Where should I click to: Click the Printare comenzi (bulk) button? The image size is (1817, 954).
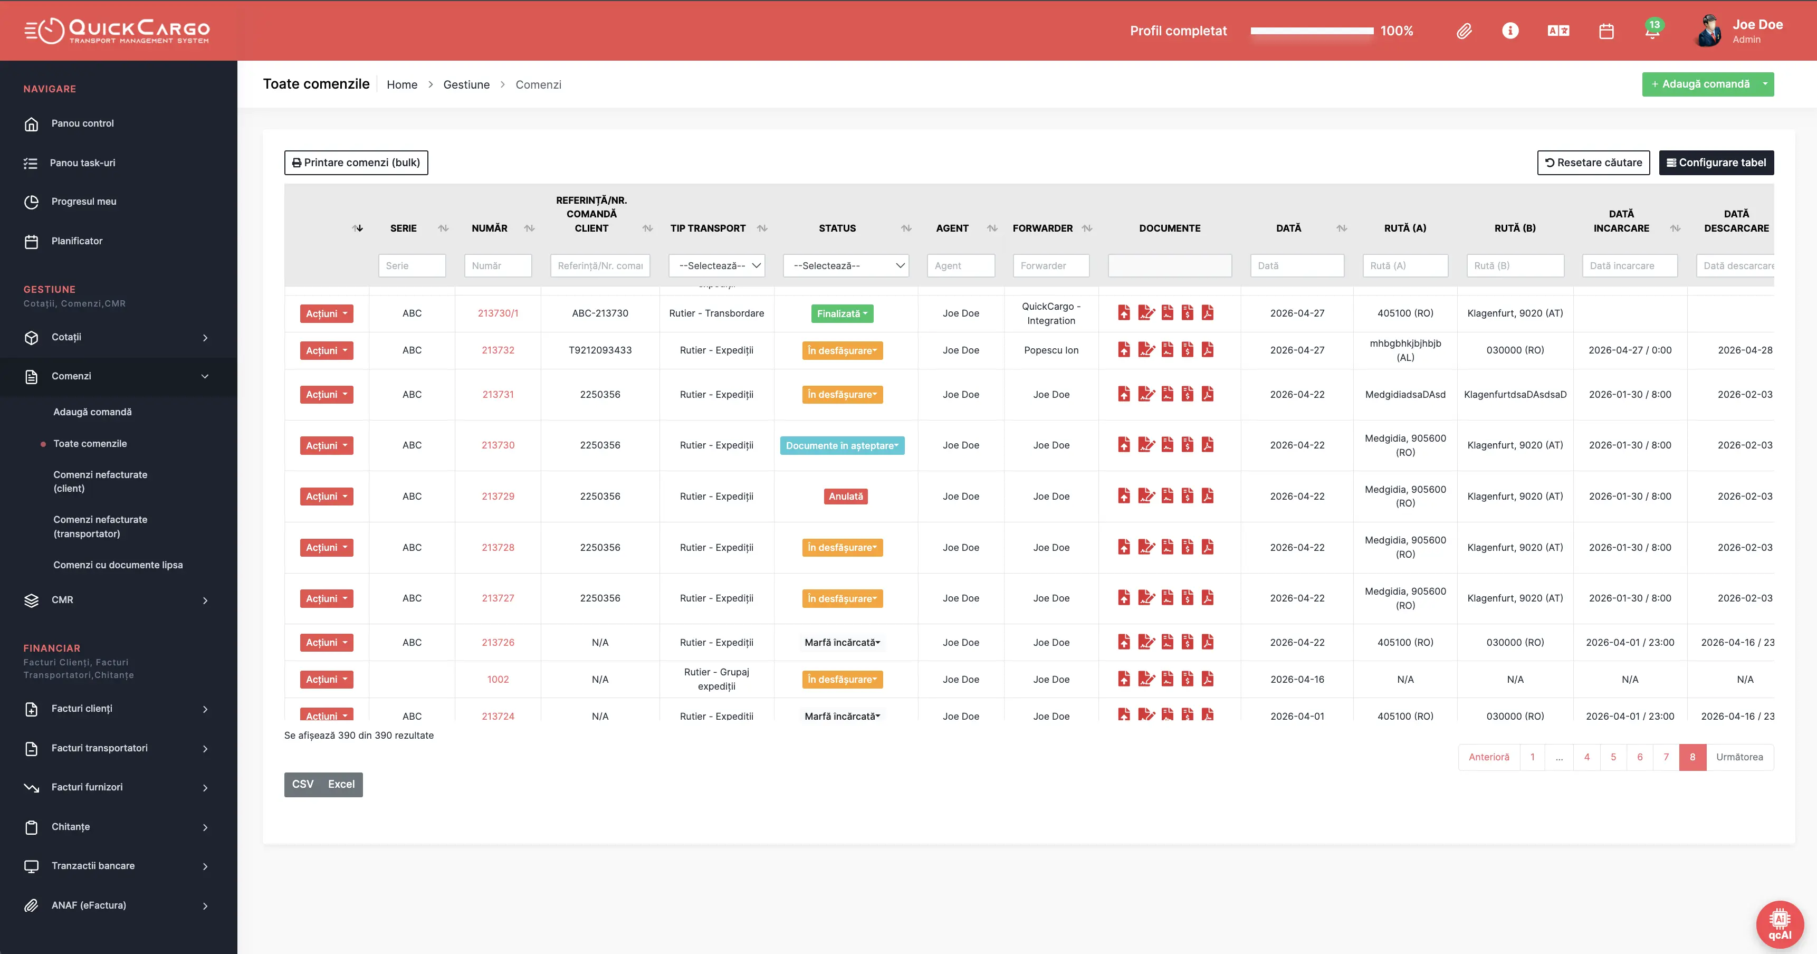click(356, 163)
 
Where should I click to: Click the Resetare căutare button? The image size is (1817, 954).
click(1593, 163)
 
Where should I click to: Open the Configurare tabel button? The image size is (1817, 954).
click(1716, 163)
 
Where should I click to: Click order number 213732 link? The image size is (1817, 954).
click(498, 350)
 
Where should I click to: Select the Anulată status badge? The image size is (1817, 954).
click(846, 496)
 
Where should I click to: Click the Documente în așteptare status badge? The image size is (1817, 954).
click(842, 445)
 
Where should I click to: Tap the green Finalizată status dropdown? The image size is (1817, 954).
click(842, 313)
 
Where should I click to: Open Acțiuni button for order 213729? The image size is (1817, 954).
click(327, 496)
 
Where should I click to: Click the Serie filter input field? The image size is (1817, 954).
click(412, 265)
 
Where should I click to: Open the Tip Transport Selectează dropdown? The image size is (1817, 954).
click(716, 265)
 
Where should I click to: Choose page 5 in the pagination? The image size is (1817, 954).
click(1613, 757)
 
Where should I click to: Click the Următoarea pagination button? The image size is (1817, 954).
click(1739, 757)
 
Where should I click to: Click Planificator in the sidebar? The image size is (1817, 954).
click(77, 241)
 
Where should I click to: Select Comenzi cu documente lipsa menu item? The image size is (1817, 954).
click(118, 565)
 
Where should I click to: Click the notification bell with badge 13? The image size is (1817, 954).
click(1652, 31)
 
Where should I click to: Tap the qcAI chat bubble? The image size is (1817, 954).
click(1780, 924)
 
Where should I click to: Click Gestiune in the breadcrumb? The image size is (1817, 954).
click(466, 84)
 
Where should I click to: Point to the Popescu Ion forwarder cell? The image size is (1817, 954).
click(1051, 350)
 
